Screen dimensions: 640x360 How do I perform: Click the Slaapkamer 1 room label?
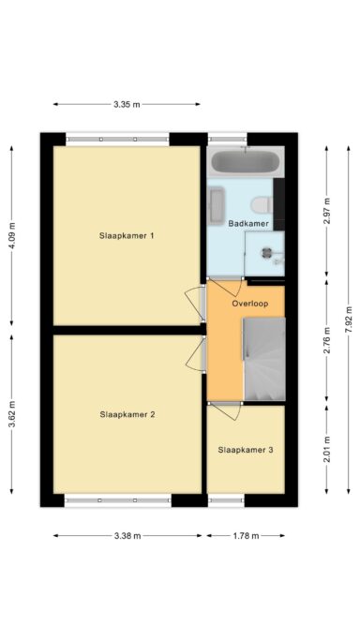coord(127,236)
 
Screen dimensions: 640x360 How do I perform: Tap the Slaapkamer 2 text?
coord(127,413)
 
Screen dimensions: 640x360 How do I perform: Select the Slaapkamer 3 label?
coord(246,450)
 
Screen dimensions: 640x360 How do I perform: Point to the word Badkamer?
coord(248,224)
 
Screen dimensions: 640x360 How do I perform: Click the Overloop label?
coord(250,304)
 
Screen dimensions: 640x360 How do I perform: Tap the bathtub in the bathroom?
coord(245,161)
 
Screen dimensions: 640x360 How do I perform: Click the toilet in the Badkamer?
coord(262,204)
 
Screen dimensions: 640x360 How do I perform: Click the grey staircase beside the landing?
coord(263,360)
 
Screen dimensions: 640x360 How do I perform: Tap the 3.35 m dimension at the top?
coord(127,104)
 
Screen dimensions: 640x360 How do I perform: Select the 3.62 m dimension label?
coord(12,413)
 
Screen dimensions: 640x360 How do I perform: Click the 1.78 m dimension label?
coord(246,536)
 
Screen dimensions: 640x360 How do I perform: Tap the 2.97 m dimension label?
coord(326,208)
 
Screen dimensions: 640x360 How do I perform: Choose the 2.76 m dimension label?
coord(326,339)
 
